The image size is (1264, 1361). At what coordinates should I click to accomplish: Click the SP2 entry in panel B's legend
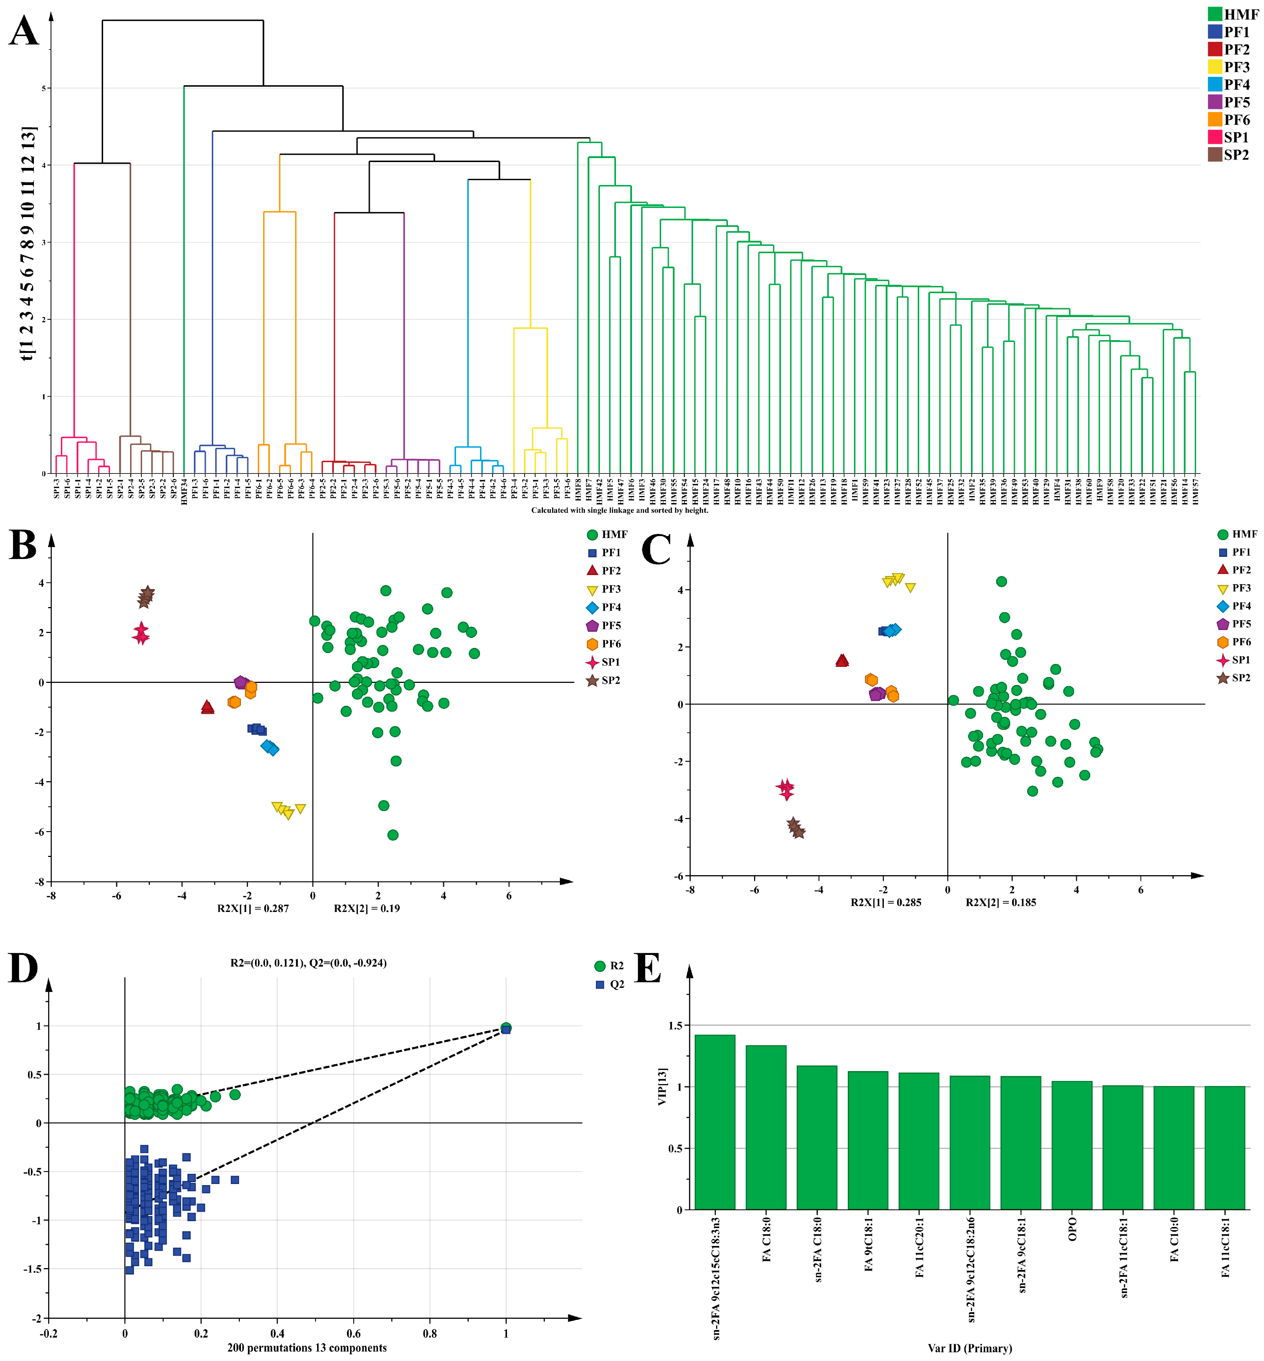(610, 680)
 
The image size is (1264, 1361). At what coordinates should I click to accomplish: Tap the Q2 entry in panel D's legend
(616, 984)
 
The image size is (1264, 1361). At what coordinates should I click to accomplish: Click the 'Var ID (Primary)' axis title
(969, 1348)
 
